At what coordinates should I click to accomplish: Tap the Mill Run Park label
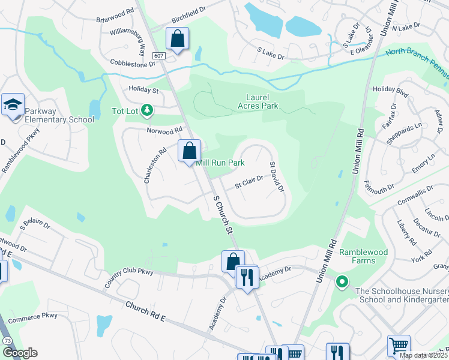pyautogui.click(x=220, y=163)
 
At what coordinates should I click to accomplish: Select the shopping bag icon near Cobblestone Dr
pyautogui.click(x=178, y=40)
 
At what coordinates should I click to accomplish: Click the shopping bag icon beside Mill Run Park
pyautogui.click(x=190, y=152)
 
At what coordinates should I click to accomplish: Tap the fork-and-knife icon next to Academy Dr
pyautogui.click(x=246, y=277)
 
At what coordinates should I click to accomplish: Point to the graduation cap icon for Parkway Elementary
pyautogui.click(x=13, y=106)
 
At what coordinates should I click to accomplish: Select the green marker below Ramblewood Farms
pyautogui.click(x=342, y=281)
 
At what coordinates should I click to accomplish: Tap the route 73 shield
pyautogui.click(x=7, y=341)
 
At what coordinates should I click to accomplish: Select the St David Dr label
pyautogui.click(x=276, y=176)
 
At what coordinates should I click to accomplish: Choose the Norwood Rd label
pyautogui.click(x=164, y=130)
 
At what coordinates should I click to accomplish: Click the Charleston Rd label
pyautogui.click(x=154, y=166)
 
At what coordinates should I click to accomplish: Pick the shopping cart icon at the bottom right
pyautogui.click(x=399, y=346)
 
